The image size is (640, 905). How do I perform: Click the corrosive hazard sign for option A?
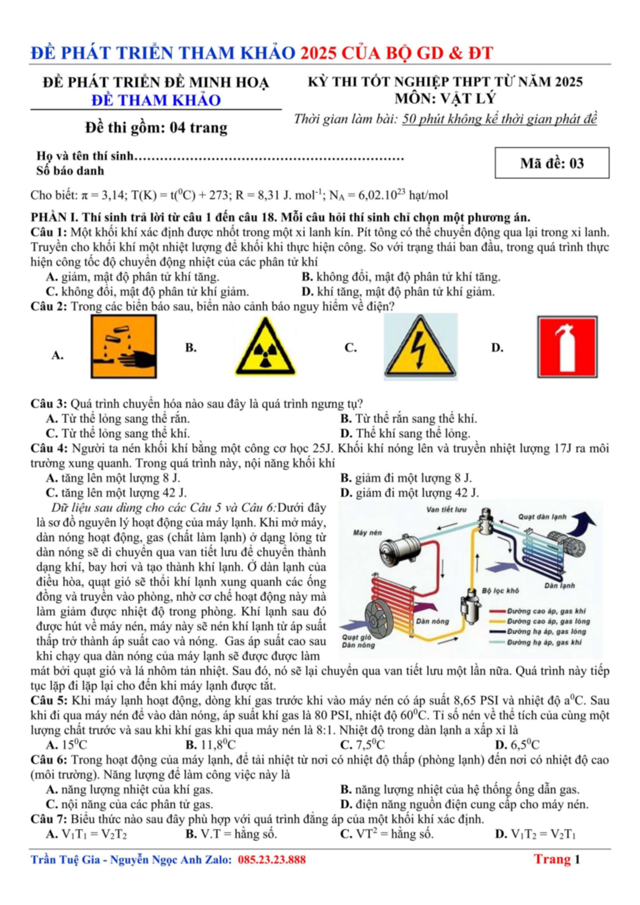tap(124, 346)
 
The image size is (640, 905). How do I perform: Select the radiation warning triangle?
tap(265, 346)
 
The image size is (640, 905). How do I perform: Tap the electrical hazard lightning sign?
tap(421, 347)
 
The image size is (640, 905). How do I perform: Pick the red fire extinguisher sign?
tap(567, 347)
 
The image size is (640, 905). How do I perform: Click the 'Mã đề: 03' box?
tap(551, 163)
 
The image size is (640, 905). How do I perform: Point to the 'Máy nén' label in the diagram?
tap(367, 533)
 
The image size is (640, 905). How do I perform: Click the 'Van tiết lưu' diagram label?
tap(446, 510)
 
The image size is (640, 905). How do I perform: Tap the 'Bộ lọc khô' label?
tap(500, 591)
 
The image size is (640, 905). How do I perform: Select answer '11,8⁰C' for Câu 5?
tap(210, 744)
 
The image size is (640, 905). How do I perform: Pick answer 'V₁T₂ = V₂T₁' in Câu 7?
tap(535, 834)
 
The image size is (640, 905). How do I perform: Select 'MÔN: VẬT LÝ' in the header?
tap(445, 98)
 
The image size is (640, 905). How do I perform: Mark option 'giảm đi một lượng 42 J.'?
tap(410, 493)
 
